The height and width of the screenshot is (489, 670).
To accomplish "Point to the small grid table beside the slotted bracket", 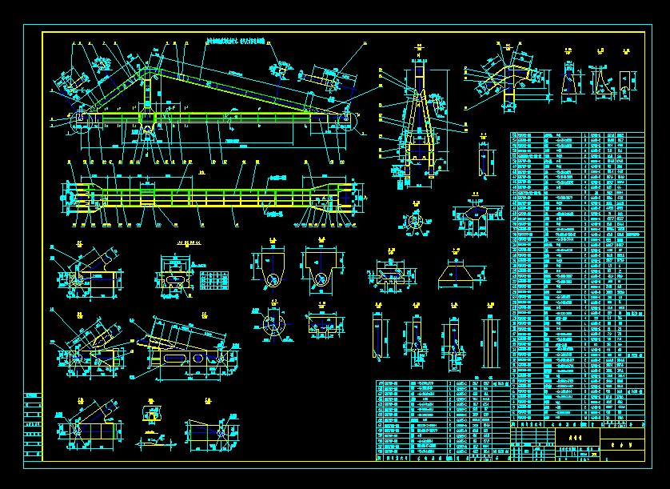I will (210, 279).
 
